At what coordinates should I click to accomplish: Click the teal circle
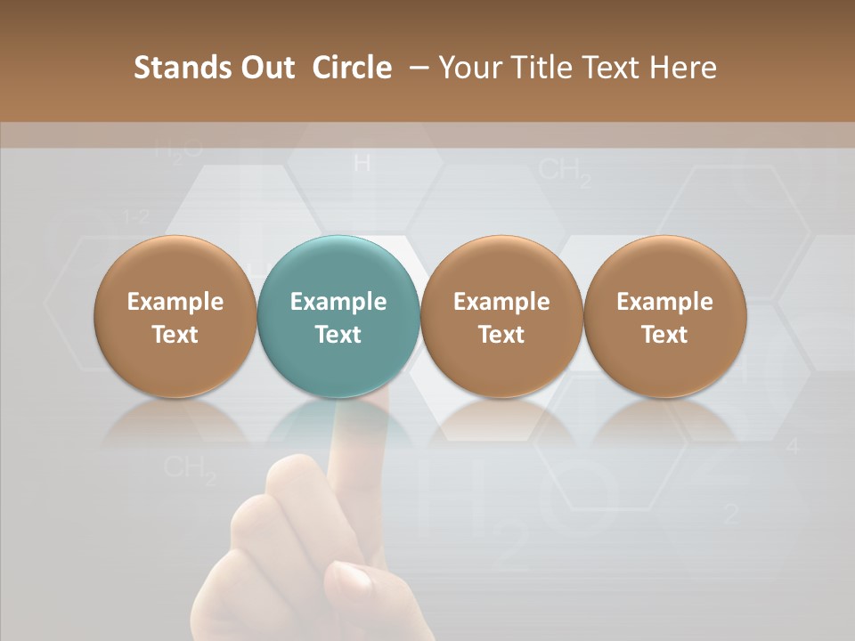[x=338, y=316]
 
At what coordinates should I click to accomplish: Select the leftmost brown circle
[x=175, y=316]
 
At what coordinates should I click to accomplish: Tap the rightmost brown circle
[x=664, y=316]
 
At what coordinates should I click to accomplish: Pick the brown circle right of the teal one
[x=501, y=316]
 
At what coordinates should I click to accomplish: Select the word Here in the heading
[x=685, y=68]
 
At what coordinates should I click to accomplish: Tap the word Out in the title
[x=265, y=68]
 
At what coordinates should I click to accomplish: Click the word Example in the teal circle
[x=338, y=301]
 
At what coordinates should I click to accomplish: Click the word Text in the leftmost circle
[x=175, y=335]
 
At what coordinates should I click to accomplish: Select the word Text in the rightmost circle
[x=664, y=335]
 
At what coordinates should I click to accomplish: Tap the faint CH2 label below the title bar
[x=565, y=171]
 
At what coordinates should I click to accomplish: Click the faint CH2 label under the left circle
[x=190, y=468]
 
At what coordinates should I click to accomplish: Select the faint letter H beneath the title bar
[x=362, y=163]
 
